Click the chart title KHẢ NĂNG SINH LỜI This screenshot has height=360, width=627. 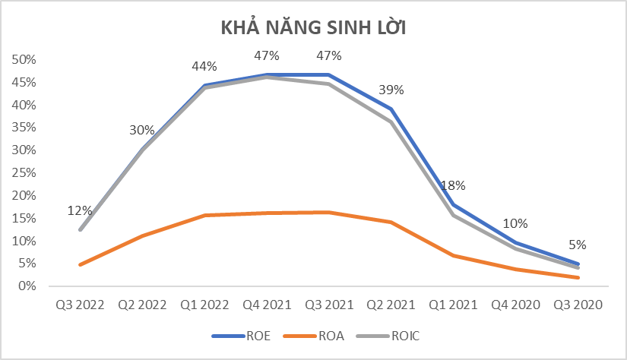(x=313, y=28)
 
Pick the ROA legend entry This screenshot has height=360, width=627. (x=328, y=335)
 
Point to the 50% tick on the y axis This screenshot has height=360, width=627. (x=24, y=59)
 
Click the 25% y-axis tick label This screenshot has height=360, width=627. (x=24, y=172)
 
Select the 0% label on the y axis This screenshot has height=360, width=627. (x=27, y=286)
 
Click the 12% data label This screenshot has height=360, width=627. (x=80, y=210)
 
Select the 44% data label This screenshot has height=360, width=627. (x=204, y=66)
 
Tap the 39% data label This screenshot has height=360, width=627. (x=391, y=90)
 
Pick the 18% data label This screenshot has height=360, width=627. (x=453, y=185)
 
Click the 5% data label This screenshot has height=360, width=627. (x=578, y=245)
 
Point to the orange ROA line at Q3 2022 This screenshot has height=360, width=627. (x=80, y=264)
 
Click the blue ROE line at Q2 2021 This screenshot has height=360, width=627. (x=391, y=109)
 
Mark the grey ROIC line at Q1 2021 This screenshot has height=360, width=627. (x=453, y=215)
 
